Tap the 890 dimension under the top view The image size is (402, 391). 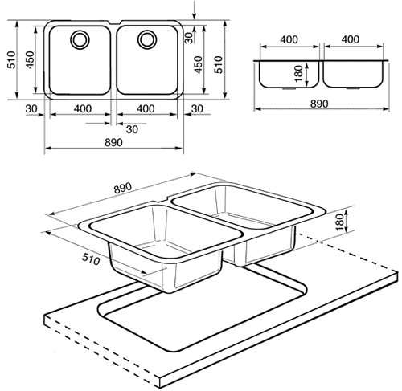[113, 142]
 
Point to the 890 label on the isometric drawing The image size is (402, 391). [123, 189]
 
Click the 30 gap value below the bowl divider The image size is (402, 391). [131, 129]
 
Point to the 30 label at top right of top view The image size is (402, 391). [190, 35]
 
